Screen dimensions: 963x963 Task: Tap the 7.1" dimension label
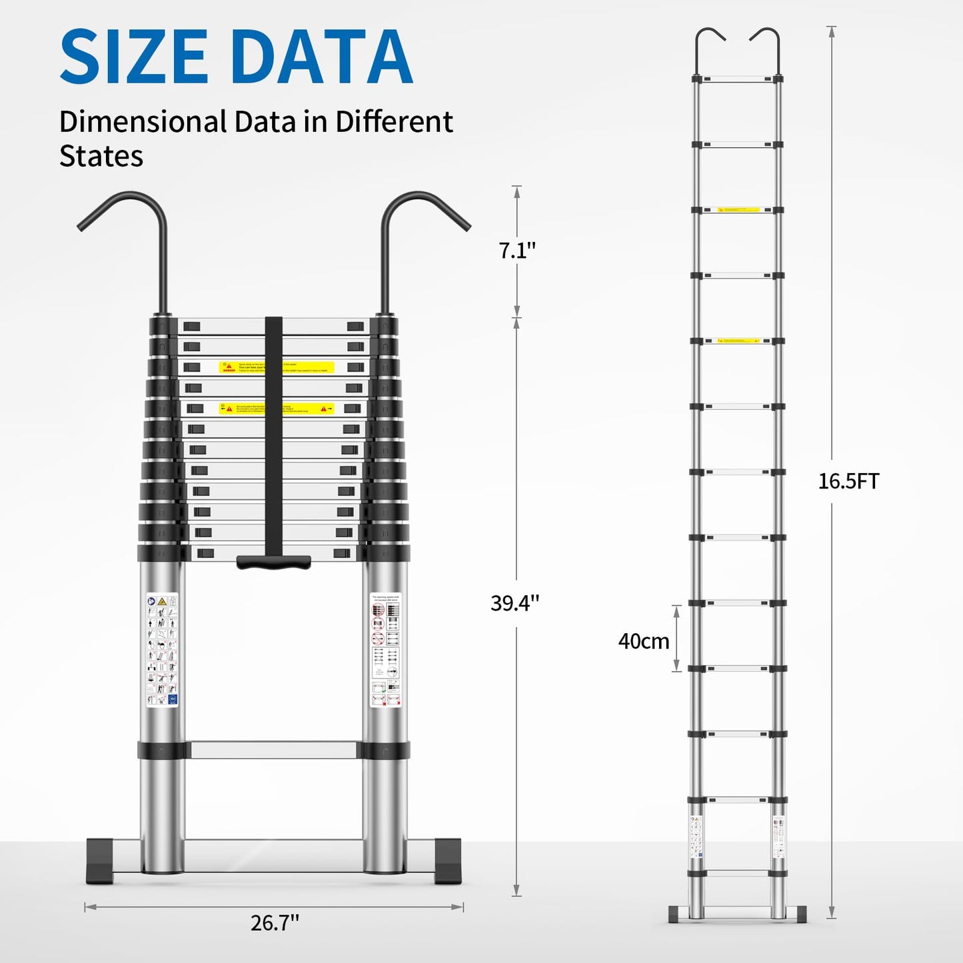click(x=517, y=251)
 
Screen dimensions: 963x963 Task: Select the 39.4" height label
click(x=514, y=602)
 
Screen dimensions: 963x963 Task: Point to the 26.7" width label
click(x=275, y=922)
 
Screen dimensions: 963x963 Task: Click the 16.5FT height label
click(x=848, y=481)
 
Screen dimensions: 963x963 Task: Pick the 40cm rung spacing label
click(x=643, y=641)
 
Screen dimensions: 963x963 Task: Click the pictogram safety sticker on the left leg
click(x=162, y=649)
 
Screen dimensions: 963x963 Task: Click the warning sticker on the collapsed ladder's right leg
click(x=385, y=649)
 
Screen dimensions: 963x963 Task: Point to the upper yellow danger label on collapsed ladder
click(x=276, y=367)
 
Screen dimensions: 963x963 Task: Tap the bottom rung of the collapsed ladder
click(x=273, y=750)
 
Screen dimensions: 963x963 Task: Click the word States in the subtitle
click(x=101, y=156)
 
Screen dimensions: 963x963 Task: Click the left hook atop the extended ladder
click(x=709, y=47)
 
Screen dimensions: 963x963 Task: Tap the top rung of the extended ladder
click(x=737, y=79)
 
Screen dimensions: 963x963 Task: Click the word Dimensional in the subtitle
click(x=143, y=122)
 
